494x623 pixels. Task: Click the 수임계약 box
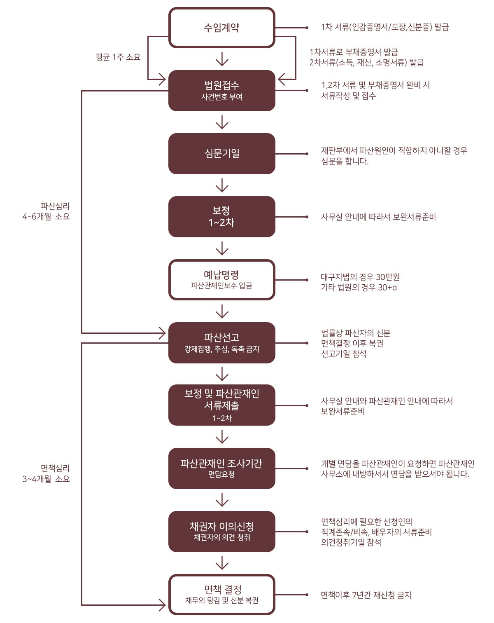[x=221, y=28]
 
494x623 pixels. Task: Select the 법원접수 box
[x=221, y=91]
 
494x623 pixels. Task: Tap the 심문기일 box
[x=221, y=153]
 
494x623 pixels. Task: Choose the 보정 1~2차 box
[x=221, y=217]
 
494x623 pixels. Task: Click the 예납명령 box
[x=221, y=280]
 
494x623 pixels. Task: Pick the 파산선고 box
[x=221, y=343]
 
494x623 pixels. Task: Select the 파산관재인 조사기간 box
[x=221, y=468]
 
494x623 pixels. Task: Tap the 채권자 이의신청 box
[x=221, y=532]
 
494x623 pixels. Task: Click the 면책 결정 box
[x=221, y=595]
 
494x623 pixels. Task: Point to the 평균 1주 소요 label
[x=118, y=57]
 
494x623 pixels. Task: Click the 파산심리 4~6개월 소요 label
[x=46, y=211]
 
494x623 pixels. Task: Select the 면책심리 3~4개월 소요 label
[x=46, y=473]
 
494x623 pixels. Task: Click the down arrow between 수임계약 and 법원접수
[x=222, y=59]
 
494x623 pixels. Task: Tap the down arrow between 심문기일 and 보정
[x=222, y=185]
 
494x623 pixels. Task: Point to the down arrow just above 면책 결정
[x=222, y=563]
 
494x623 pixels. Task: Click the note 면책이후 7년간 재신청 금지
[x=366, y=595]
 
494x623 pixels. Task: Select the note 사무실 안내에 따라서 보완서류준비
[x=378, y=217]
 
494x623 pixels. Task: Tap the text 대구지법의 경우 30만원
[x=360, y=277]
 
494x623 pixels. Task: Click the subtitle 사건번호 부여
[x=221, y=97]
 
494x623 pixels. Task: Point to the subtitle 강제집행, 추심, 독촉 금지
[x=221, y=349]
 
